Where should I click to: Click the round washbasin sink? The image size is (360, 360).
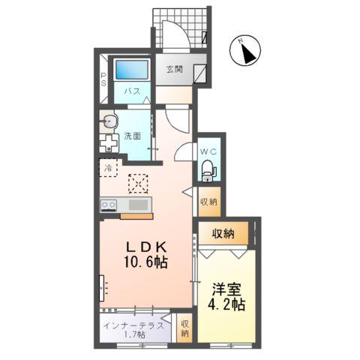tap(109, 119)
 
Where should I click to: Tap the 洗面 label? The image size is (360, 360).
tap(133, 136)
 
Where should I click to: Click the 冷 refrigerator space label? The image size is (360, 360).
tap(108, 169)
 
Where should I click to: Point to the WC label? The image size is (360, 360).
tap(208, 151)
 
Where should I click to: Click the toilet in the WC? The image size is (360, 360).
tap(208, 172)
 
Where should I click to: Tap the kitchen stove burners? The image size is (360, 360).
tap(108, 204)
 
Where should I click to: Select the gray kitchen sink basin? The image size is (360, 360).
tap(139, 204)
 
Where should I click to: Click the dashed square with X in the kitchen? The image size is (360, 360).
tap(138, 183)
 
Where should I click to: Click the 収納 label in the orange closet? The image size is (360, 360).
tap(223, 234)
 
